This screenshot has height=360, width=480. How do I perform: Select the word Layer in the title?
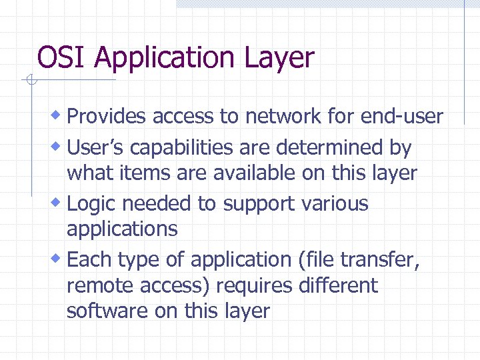pyautogui.click(x=281, y=59)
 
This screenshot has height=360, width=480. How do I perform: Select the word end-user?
pyautogui.click(x=401, y=117)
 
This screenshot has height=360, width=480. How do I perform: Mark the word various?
pyautogui.click(x=336, y=203)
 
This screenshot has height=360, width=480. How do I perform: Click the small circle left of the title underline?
pyautogui.click(x=29, y=81)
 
